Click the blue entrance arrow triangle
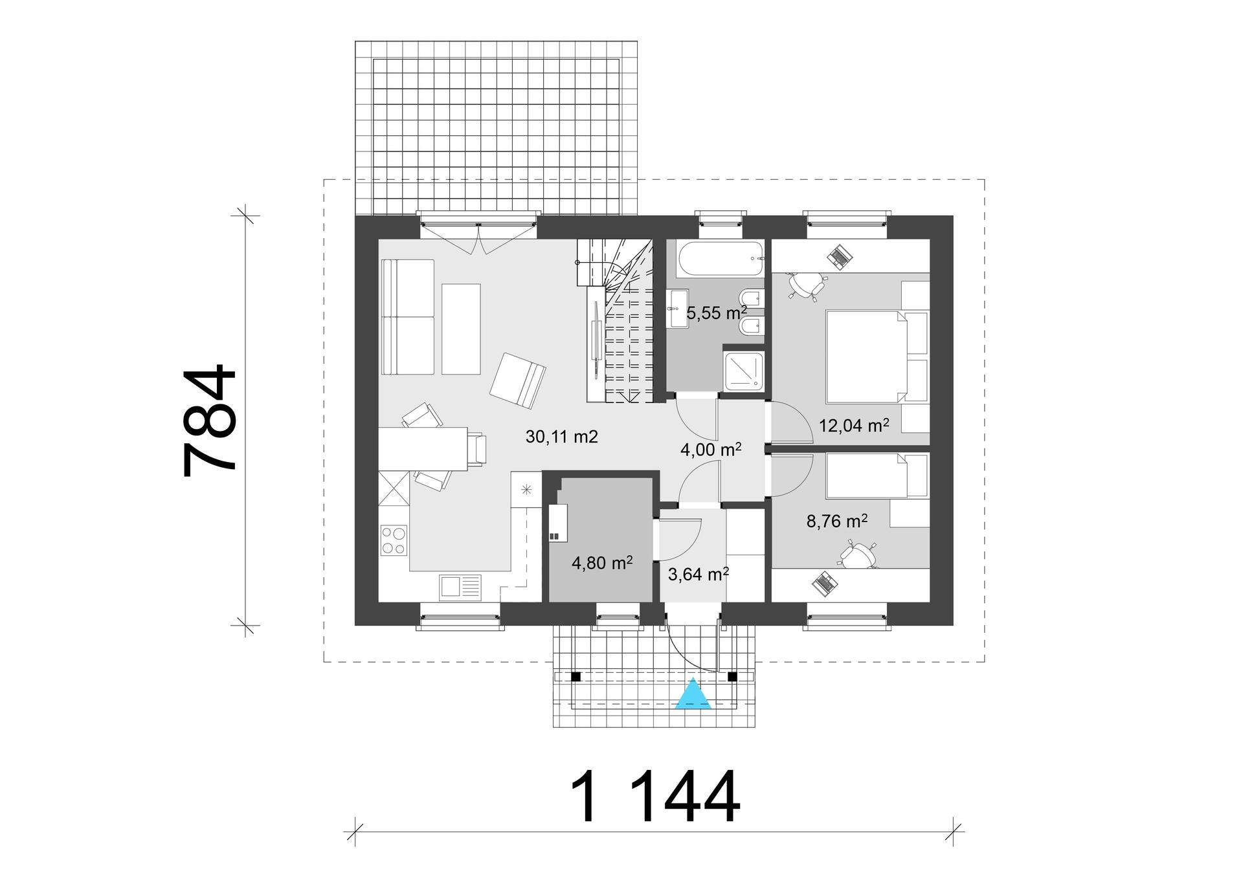click(693, 695)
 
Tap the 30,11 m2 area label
click(561, 437)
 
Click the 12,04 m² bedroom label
click(853, 426)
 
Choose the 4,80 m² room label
click(601, 563)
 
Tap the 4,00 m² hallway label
click(710, 450)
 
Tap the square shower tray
click(744, 371)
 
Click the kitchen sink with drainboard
click(460, 587)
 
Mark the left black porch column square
click(575, 677)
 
